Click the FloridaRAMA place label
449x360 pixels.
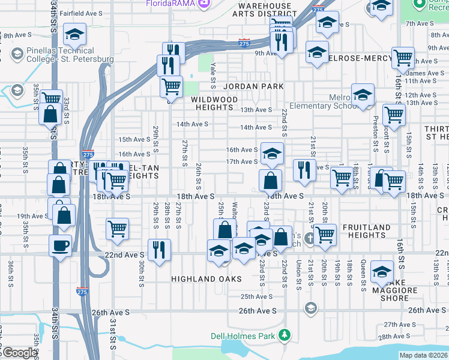tap(170, 4)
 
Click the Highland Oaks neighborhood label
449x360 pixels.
tap(206, 279)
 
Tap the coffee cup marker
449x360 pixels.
tap(60, 245)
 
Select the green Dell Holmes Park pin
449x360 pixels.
tap(286, 335)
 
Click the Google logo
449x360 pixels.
tap(20, 353)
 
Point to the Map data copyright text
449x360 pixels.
tap(423, 355)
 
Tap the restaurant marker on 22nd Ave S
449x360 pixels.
tap(159, 249)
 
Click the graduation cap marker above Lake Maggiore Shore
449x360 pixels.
tap(382, 272)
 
